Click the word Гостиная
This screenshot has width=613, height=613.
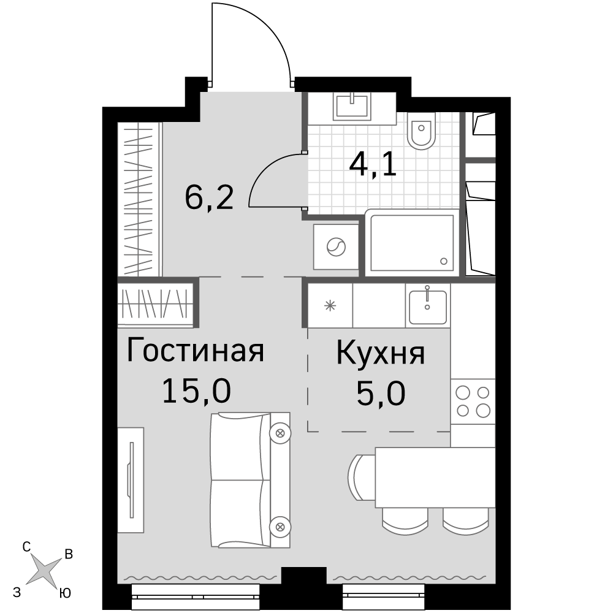click(196, 351)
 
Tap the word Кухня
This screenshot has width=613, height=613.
click(381, 353)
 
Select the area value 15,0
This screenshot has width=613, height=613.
click(196, 391)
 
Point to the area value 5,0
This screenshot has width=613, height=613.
click(381, 394)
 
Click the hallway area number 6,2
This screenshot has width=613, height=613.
click(210, 197)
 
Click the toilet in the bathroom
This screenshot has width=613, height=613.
click(421, 131)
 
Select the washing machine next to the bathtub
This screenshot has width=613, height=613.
click(336, 247)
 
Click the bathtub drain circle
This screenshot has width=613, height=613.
click(443, 261)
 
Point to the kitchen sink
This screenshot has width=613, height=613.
click(428, 306)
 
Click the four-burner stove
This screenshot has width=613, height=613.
click(473, 402)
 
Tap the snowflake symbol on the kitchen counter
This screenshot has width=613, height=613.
click(331, 305)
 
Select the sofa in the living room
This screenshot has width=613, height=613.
click(250, 480)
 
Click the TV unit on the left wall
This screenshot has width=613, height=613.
click(131, 480)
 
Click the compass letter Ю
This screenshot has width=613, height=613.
click(66, 593)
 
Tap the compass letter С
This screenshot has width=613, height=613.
click(26, 547)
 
